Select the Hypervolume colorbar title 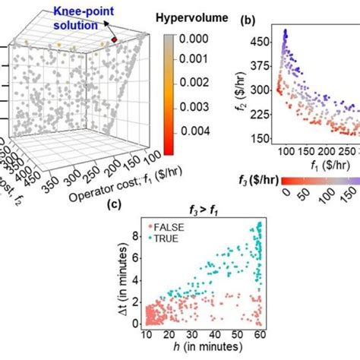pyautogui.click(x=189, y=16)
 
